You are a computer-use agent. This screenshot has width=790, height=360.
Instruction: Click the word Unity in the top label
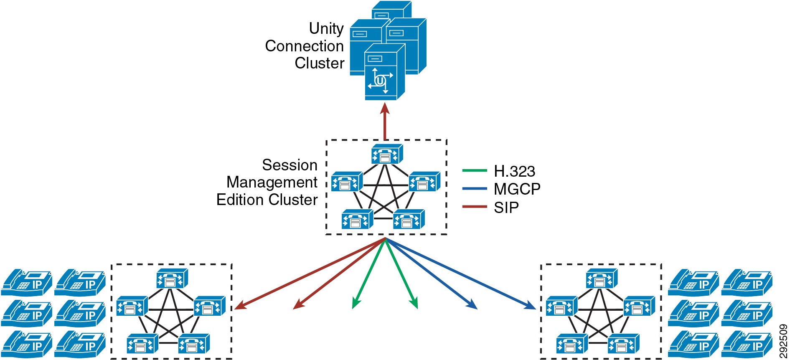click(x=326, y=28)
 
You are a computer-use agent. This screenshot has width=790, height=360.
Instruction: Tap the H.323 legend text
click(x=514, y=171)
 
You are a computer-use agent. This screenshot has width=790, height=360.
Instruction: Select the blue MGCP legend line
click(x=474, y=189)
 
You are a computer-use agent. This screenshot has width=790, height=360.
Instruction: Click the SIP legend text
click(x=506, y=208)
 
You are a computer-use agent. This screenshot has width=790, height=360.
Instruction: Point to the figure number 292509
click(x=783, y=341)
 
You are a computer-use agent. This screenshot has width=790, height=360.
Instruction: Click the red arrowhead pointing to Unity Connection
click(x=385, y=109)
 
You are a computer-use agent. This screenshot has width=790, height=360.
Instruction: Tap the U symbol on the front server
click(x=380, y=80)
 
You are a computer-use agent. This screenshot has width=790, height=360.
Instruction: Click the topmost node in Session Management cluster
click(x=387, y=154)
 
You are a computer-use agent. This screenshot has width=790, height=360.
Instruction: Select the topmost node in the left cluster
click(x=172, y=279)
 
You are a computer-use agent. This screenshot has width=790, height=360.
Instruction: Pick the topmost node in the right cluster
click(x=601, y=279)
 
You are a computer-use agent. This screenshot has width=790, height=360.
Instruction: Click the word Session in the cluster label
click(x=290, y=165)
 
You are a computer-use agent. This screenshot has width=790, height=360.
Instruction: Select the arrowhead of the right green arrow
click(x=414, y=304)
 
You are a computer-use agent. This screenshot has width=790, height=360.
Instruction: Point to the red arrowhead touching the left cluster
click(x=239, y=307)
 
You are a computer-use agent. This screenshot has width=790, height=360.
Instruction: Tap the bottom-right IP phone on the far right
click(x=747, y=344)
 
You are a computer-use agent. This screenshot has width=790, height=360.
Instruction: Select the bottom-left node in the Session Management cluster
click(x=357, y=219)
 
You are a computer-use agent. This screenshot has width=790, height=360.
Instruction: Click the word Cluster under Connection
click(x=319, y=63)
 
